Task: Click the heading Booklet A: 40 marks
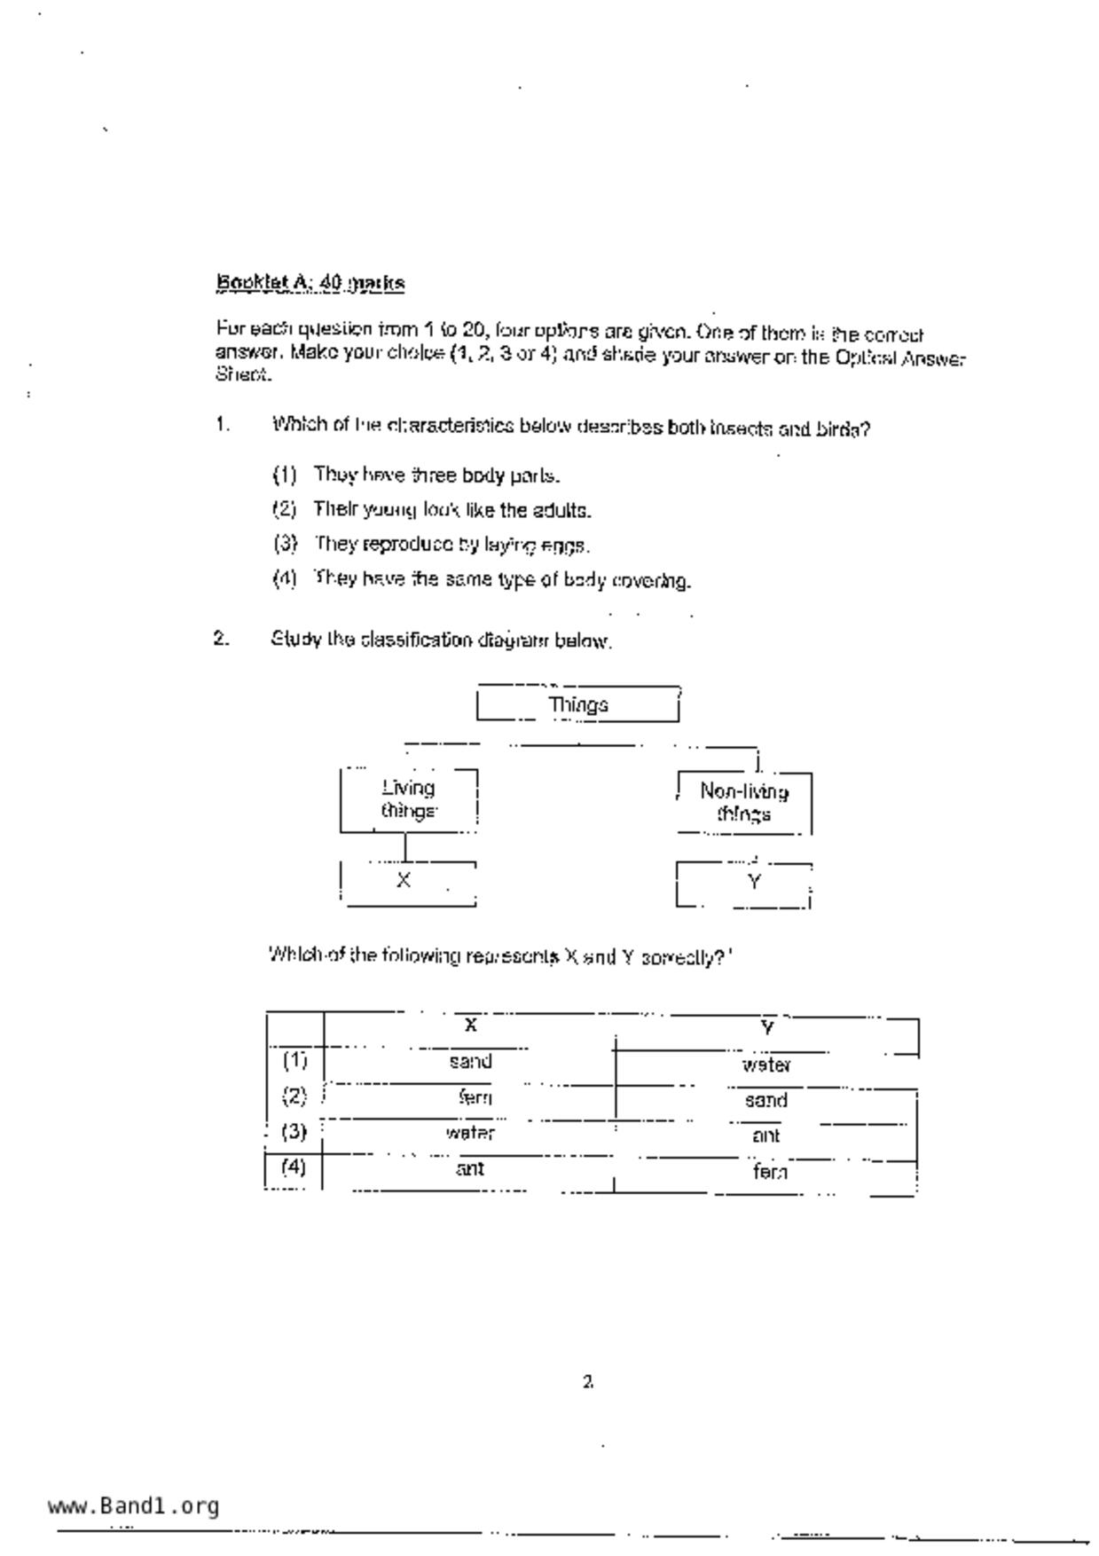point(310,283)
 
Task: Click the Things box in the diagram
point(577,704)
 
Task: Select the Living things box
point(409,799)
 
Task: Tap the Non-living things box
point(743,802)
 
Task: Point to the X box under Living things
point(407,882)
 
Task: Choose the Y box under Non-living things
point(743,884)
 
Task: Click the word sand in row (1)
point(470,1062)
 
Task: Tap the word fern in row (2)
point(475,1097)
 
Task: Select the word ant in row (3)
point(766,1136)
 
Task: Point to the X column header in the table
point(471,1026)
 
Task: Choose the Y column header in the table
point(768,1028)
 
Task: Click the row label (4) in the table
point(294,1167)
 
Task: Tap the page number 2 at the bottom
point(588,1381)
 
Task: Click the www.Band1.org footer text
point(134,1506)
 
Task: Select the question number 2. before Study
point(221,639)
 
